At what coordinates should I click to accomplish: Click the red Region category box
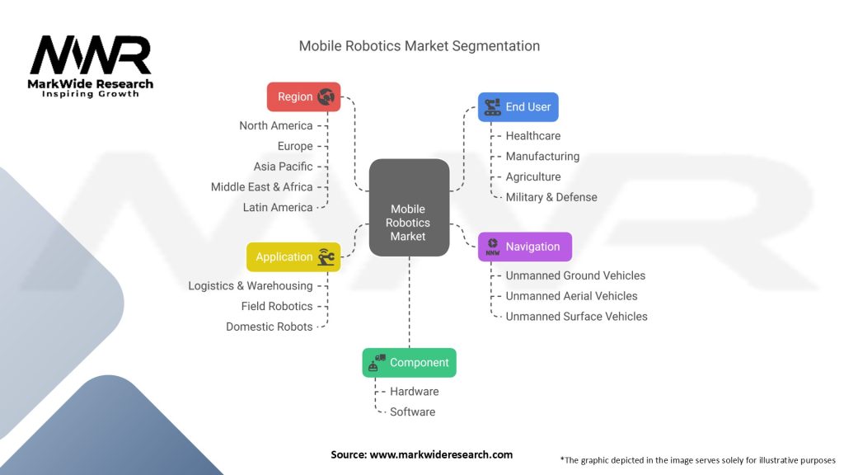click(303, 96)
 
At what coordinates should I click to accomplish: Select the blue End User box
click(518, 107)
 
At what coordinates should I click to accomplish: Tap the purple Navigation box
click(524, 247)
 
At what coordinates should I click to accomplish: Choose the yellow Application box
click(293, 257)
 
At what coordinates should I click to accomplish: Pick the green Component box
click(409, 363)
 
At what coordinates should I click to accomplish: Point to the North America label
click(276, 126)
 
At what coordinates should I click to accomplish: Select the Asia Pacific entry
click(284, 167)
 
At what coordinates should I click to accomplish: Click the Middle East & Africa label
click(262, 187)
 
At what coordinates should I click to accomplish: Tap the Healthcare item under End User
click(532, 136)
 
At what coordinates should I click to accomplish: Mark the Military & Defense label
click(551, 197)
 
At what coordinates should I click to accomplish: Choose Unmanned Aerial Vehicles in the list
click(571, 296)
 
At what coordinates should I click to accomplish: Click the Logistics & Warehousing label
click(251, 286)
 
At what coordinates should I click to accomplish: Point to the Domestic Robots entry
click(270, 327)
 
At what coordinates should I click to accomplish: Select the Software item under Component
click(412, 412)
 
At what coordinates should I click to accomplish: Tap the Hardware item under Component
click(414, 392)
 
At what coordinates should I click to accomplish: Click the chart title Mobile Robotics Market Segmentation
click(420, 46)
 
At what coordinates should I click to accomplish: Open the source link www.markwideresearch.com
click(441, 454)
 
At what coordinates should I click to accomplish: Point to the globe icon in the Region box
click(326, 96)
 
